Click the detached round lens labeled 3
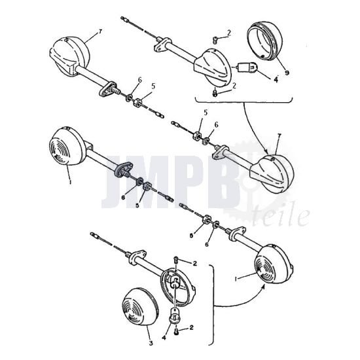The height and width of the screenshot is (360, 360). [x=139, y=311]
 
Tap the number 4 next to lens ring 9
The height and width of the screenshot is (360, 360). [x=276, y=82]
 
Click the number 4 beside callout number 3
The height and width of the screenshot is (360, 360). [x=163, y=336]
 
